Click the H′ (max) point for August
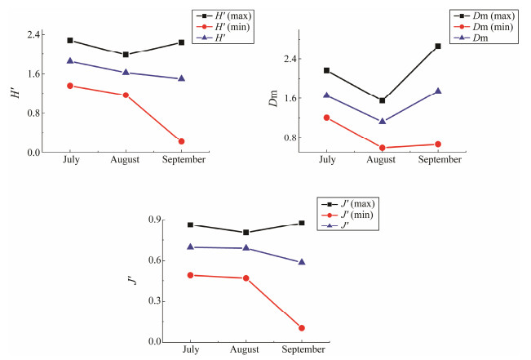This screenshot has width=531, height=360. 126,55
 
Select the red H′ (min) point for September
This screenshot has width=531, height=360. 181,141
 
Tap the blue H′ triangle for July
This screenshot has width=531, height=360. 70,61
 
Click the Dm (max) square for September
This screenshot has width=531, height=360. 437,47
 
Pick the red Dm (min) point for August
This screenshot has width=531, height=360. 382,148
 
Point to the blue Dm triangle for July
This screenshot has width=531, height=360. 326,96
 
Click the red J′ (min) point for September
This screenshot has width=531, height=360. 302,328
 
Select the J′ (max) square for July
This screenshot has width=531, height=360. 190,224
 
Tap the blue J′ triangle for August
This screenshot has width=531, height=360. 246,248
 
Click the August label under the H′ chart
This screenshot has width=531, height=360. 126,160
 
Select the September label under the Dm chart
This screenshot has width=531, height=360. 440,160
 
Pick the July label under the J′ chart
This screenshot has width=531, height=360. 190,349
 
